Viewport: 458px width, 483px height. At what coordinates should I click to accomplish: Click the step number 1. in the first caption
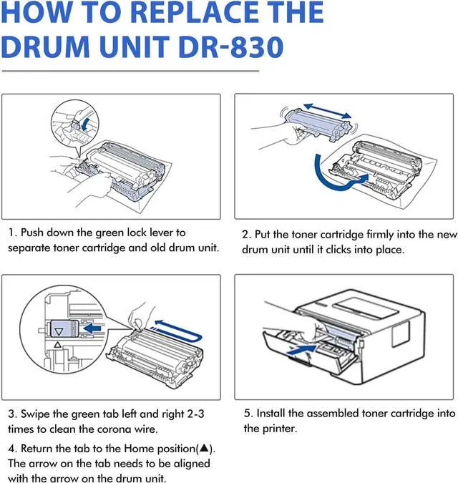tap(12, 233)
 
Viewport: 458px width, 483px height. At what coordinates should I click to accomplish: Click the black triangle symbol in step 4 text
tap(204, 448)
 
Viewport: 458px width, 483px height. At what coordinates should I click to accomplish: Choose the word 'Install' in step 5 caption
tap(274, 413)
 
